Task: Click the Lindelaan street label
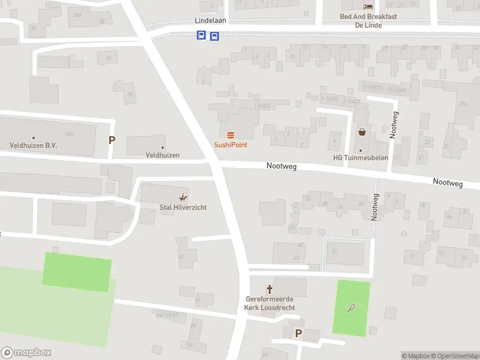pos(210,20)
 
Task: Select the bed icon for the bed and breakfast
pos(368,7)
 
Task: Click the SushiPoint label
pos(230,145)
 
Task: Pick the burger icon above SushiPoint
pos(230,134)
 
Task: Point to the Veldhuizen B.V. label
pos(34,145)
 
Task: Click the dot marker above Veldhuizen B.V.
pos(34,137)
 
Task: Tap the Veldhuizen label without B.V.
pos(162,155)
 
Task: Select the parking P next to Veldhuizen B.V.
pos(112,140)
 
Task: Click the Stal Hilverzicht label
pos(182,207)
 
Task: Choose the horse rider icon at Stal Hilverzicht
pos(183,197)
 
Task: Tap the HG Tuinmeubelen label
pos(361,158)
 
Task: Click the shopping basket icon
pos(362,132)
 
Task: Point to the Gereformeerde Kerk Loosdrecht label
pos(269,304)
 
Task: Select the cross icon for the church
pos(269,289)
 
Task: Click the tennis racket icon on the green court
pos(351,308)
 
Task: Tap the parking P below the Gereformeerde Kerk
pos(298,334)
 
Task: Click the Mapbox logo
pos(26,353)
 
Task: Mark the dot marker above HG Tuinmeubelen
pos(361,150)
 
